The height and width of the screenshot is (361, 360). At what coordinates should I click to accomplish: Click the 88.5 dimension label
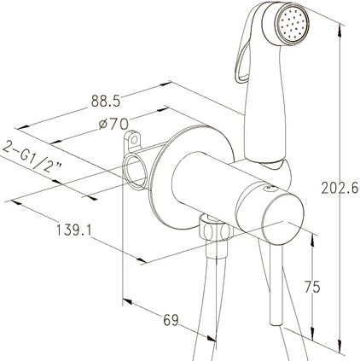tap(106, 101)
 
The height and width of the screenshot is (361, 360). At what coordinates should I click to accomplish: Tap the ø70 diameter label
tap(113, 124)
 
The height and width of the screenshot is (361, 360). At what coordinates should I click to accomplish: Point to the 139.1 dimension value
tap(74, 230)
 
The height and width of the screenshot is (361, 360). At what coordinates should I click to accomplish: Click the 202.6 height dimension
tap(340, 188)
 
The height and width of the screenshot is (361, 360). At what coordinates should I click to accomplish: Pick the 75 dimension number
tap(312, 287)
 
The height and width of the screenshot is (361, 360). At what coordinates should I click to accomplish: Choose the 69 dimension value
tap(171, 320)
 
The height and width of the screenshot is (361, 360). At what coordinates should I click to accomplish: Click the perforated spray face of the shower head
tap(292, 26)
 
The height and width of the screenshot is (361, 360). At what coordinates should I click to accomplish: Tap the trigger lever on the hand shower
tap(241, 62)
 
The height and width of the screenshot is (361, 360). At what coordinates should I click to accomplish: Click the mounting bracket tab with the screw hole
tap(133, 140)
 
